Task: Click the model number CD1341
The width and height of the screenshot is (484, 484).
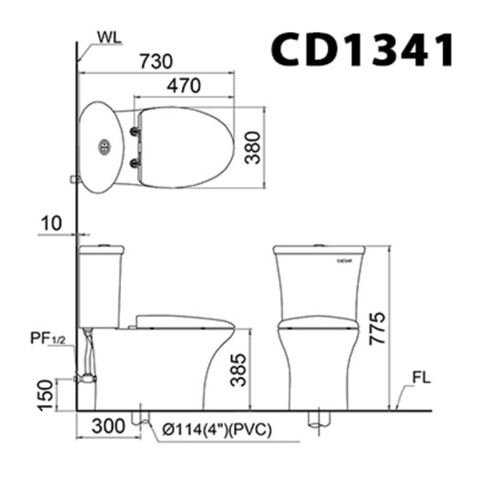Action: coord(362,50)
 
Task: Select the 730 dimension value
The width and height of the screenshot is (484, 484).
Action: coord(156,62)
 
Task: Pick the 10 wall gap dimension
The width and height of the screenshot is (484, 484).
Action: coord(52,223)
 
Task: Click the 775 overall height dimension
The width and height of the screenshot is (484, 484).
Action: coord(378,328)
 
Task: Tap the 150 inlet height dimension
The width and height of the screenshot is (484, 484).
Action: coord(46,395)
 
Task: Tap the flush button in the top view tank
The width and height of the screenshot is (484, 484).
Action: coord(104,147)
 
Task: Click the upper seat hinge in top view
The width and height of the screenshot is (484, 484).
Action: coord(136,131)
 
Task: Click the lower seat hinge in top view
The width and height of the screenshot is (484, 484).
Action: coord(136,163)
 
